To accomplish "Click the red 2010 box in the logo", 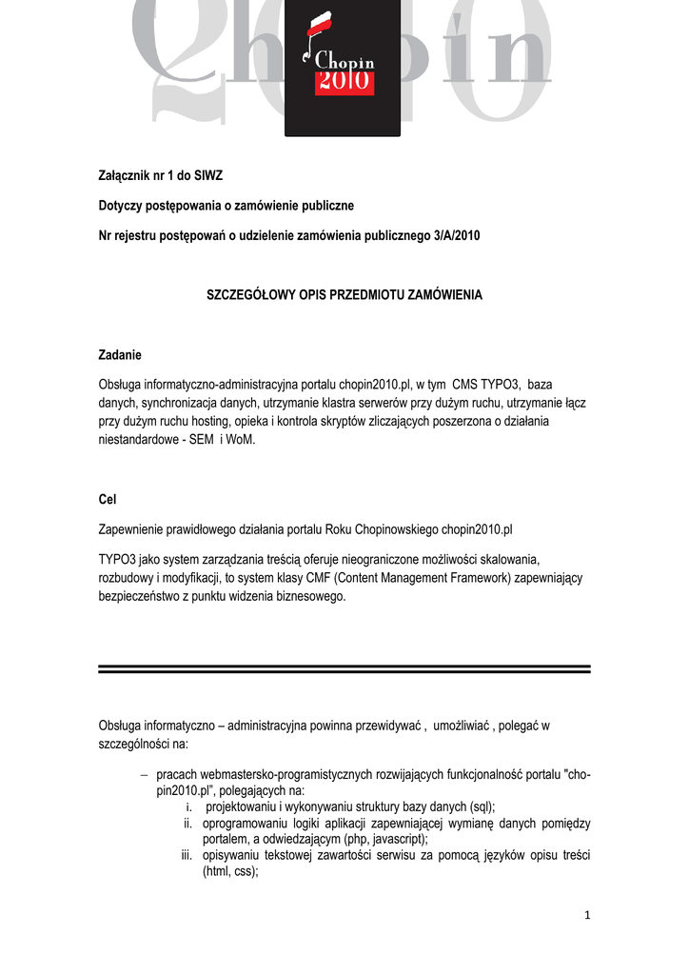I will point(344,82).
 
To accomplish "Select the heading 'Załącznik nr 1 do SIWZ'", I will point(161,175).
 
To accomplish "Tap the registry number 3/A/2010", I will point(454,235).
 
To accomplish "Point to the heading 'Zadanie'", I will point(120,355).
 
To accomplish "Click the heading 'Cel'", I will point(107,499).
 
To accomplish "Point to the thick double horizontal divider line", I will point(344,669).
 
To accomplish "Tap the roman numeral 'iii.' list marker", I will point(187,855).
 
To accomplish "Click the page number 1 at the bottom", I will point(587,916).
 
